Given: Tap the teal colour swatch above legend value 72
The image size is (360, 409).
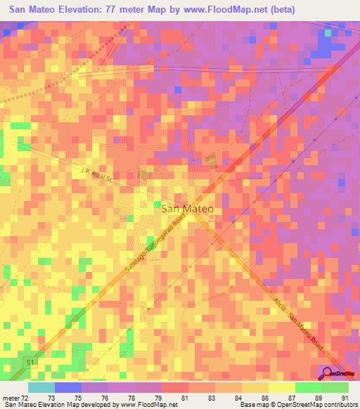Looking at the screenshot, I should pyautogui.click(x=41, y=387).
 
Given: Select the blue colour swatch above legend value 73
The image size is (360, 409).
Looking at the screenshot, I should pyautogui.click(x=68, y=387).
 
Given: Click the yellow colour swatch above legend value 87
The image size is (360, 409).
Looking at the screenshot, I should pyautogui.click(x=281, y=387).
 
